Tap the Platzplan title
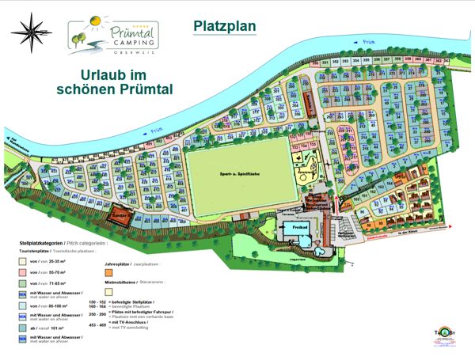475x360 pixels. pyautogui.click(x=225, y=25)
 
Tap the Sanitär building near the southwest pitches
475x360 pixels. pyautogui.click(x=120, y=214)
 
